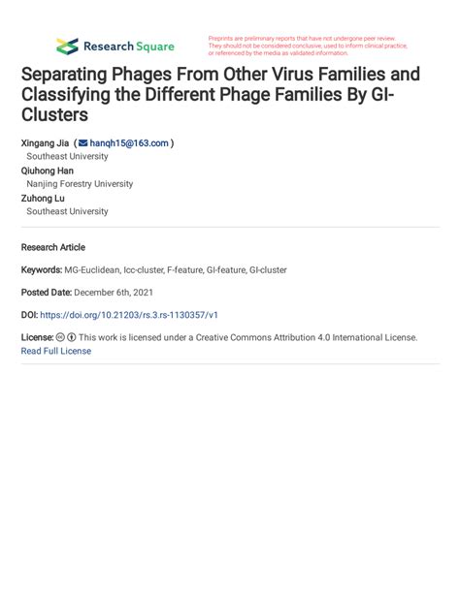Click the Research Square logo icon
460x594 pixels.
(x=67, y=46)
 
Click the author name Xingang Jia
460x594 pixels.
(x=45, y=142)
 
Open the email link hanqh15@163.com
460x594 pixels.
(x=129, y=142)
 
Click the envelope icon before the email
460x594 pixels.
(x=82, y=142)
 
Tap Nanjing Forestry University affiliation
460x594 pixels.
(x=80, y=184)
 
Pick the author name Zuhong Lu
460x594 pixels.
(x=44, y=198)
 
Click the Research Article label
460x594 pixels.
(x=52, y=247)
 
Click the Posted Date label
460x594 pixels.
(x=46, y=292)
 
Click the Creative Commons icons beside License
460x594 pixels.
(x=66, y=338)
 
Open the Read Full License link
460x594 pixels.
(x=55, y=351)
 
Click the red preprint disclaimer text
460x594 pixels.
(x=308, y=46)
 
